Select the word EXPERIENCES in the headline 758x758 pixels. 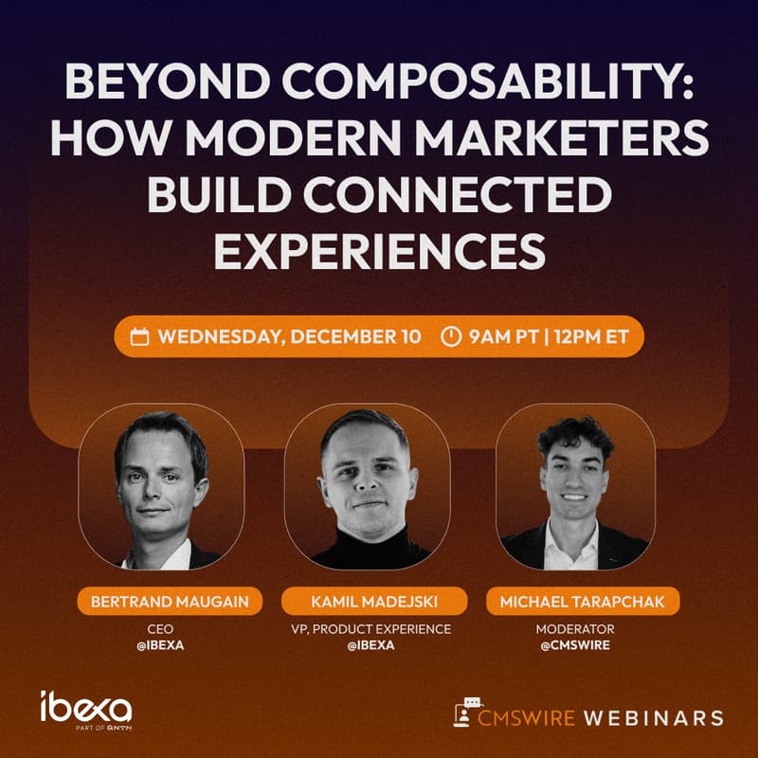379,250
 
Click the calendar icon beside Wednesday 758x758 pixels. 139,336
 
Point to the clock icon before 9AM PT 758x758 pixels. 451,336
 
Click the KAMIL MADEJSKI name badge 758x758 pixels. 375,602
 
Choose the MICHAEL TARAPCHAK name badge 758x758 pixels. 583,602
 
